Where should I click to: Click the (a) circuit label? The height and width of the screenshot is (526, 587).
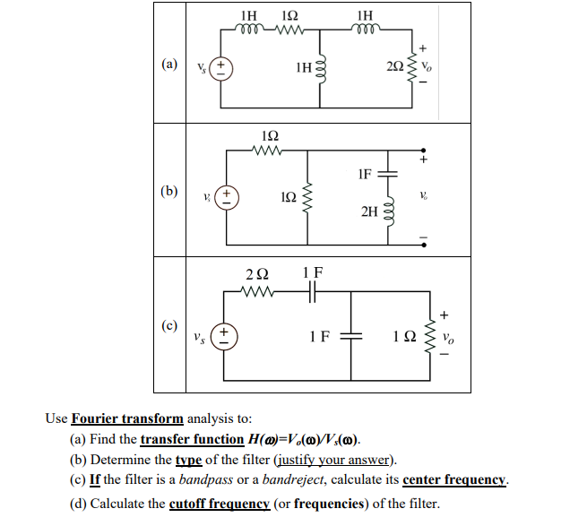[x=169, y=65]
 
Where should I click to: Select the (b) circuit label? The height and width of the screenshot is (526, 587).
[x=169, y=191]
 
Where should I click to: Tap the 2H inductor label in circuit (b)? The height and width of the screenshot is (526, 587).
[x=369, y=211]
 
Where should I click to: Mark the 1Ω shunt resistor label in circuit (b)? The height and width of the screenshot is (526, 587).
[x=288, y=195]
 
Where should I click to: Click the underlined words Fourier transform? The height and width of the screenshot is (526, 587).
[x=127, y=418]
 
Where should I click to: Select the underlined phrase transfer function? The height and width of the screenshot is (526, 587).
[x=192, y=439]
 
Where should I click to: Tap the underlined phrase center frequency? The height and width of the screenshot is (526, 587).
[x=454, y=480]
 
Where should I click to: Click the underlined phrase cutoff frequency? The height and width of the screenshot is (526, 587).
[x=219, y=503]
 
